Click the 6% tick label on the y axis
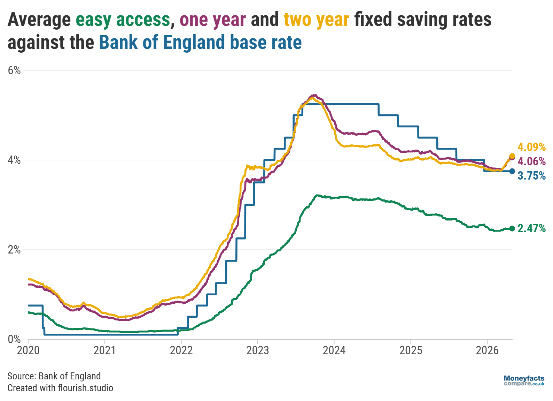tap(14, 70)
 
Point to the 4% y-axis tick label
tap(14, 160)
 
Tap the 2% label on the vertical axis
tap(14, 250)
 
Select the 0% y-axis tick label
tap(14, 339)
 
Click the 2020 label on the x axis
tap(28, 350)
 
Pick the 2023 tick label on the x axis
tap(257, 350)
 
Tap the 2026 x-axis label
tap(487, 350)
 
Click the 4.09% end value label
tap(531, 147)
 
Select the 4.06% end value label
tap(531, 161)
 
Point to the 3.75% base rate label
tap(531, 175)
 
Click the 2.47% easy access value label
tap(531, 228)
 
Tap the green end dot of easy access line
tap(512, 228)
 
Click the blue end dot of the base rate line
tap(512, 171)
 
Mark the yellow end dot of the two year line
tap(512, 156)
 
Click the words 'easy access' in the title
tap(123, 20)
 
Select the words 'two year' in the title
tap(316, 20)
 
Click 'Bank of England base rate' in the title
tap(200, 43)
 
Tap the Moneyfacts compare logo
tap(524, 380)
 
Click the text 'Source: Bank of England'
tap(54, 376)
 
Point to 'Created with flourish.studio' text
tap(60, 388)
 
